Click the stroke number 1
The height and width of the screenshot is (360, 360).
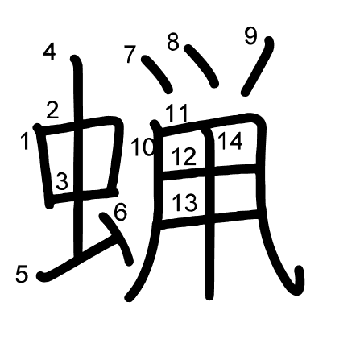tap(25, 142)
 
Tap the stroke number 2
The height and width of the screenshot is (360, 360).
tap(52, 110)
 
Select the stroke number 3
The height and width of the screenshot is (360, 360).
tap(62, 181)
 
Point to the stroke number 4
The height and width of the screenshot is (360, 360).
tap(50, 52)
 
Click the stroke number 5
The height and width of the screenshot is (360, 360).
tap(22, 274)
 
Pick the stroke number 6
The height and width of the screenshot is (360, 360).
tap(120, 212)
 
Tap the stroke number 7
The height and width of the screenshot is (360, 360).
tap(130, 55)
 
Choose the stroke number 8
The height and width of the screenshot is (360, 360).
tap(173, 42)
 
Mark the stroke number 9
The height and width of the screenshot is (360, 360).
tap(250, 36)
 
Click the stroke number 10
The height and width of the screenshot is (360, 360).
tap(143, 147)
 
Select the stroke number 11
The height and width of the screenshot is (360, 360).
tap(176, 114)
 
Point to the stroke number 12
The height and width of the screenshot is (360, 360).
tap(184, 156)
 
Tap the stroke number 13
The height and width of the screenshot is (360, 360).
tap(185, 202)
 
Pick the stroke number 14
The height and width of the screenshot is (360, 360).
tap(230, 141)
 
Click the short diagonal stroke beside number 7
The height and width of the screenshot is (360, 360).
tap(157, 74)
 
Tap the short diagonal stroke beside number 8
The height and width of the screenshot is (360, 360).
tap(201, 65)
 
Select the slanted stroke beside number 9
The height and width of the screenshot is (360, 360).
tap(258, 66)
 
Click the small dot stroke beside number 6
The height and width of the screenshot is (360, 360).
tap(117, 238)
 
